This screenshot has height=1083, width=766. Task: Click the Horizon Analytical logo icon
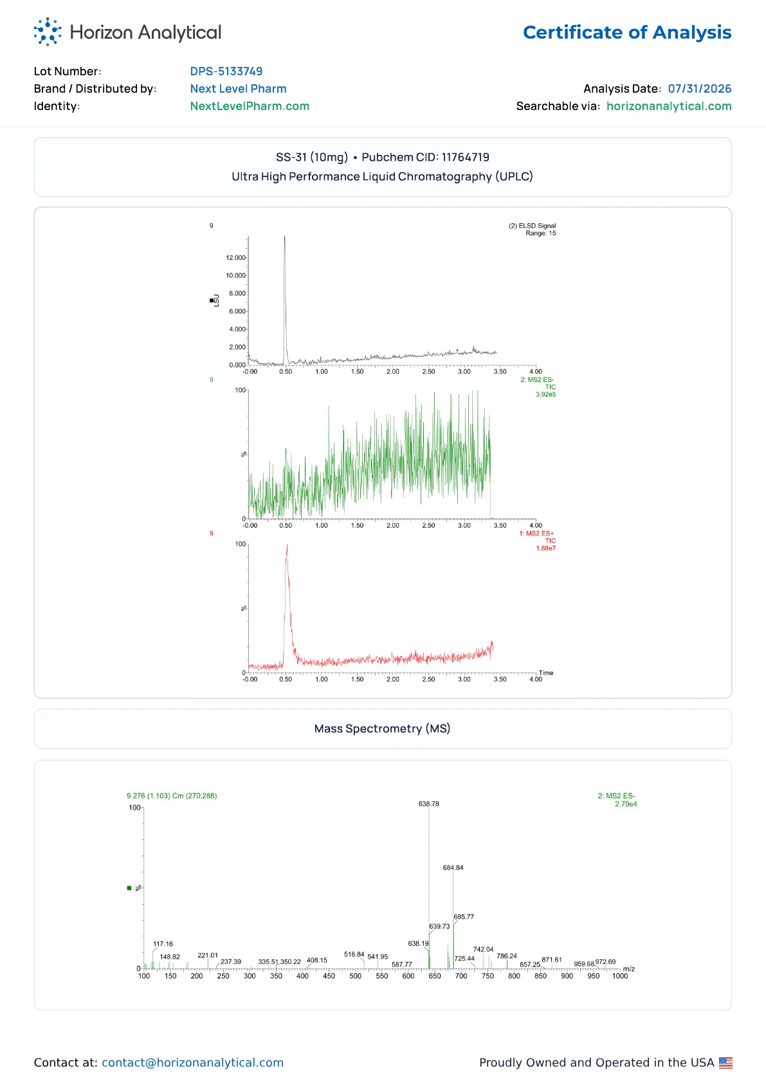click(48, 32)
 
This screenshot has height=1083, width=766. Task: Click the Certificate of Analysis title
click(627, 32)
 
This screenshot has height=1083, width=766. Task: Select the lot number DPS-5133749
click(226, 71)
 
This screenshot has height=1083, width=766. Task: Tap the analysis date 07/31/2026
click(699, 88)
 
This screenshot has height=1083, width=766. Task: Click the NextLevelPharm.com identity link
click(250, 106)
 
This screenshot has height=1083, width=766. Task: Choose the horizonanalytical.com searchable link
click(669, 106)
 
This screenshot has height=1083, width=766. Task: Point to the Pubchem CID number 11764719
click(466, 157)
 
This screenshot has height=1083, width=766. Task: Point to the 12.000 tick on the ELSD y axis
click(235, 257)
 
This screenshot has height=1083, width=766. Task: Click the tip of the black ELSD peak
click(285, 236)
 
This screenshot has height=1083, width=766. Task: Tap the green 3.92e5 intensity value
click(545, 394)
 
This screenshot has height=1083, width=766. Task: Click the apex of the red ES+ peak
click(287, 544)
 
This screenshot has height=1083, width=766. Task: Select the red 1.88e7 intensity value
click(545, 548)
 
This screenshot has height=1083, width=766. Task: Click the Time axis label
click(546, 672)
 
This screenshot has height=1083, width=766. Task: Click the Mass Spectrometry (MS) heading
click(382, 728)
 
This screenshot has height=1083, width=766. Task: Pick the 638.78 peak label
click(429, 804)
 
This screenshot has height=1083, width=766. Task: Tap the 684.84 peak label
click(453, 868)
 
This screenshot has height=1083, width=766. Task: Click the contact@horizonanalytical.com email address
click(192, 1062)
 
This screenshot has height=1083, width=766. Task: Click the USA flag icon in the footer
click(725, 1062)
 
